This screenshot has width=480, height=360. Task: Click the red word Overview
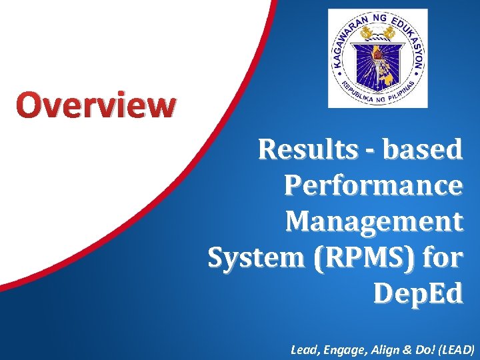click(97, 105)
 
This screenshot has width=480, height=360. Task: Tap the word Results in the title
click(308, 150)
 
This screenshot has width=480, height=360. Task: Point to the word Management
click(373, 221)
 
